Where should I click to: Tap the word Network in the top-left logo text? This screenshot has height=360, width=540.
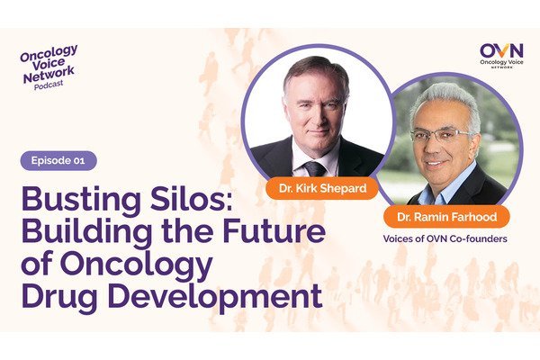pyautogui.click(x=49, y=75)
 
